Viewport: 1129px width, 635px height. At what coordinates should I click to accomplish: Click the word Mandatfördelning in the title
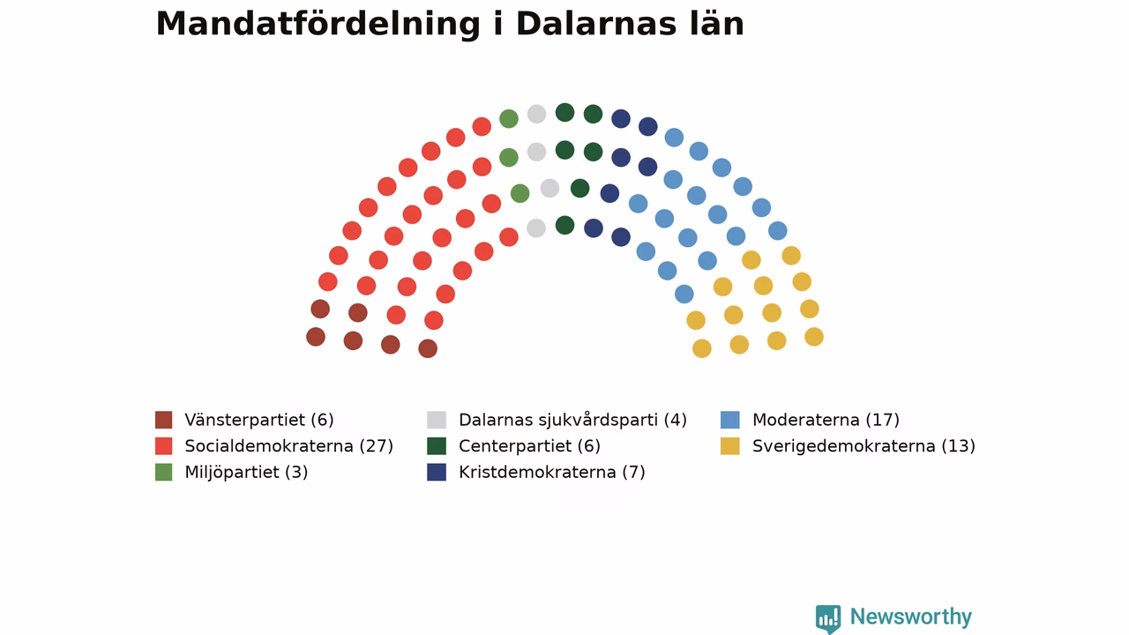click(x=318, y=25)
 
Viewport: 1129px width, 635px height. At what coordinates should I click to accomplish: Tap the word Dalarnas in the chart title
click(x=595, y=24)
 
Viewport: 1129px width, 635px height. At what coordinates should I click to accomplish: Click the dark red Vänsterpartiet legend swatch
click(x=164, y=420)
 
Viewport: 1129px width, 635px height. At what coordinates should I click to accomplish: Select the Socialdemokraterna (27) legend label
click(x=288, y=446)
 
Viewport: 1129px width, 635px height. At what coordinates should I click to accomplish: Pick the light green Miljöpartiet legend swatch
click(x=164, y=472)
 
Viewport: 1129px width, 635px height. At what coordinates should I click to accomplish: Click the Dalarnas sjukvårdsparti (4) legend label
click(x=572, y=420)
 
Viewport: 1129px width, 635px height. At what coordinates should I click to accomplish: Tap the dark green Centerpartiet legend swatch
click(x=437, y=446)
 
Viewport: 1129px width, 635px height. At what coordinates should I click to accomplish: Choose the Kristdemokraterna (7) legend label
click(x=552, y=472)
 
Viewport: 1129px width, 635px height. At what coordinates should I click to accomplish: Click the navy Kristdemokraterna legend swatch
click(x=437, y=472)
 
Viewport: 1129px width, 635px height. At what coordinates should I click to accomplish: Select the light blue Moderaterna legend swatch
click(x=730, y=420)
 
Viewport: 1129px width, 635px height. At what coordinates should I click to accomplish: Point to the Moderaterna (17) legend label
click(x=826, y=420)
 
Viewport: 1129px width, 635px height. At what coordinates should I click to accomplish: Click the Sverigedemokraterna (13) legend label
click(x=864, y=446)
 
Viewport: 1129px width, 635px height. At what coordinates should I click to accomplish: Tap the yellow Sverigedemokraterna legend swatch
click(x=730, y=446)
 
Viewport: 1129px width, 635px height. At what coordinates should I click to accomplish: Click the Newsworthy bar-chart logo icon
click(x=828, y=618)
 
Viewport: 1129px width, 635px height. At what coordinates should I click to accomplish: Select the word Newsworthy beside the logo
click(x=911, y=616)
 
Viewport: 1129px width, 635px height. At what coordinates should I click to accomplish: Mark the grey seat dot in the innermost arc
click(x=536, y=228)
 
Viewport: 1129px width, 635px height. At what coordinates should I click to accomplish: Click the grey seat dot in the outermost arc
click(x=537, y=114)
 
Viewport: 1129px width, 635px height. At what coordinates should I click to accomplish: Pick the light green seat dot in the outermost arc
click(x=509, y=119)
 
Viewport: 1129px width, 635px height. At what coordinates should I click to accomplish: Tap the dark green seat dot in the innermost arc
click(x=565, y=225)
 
